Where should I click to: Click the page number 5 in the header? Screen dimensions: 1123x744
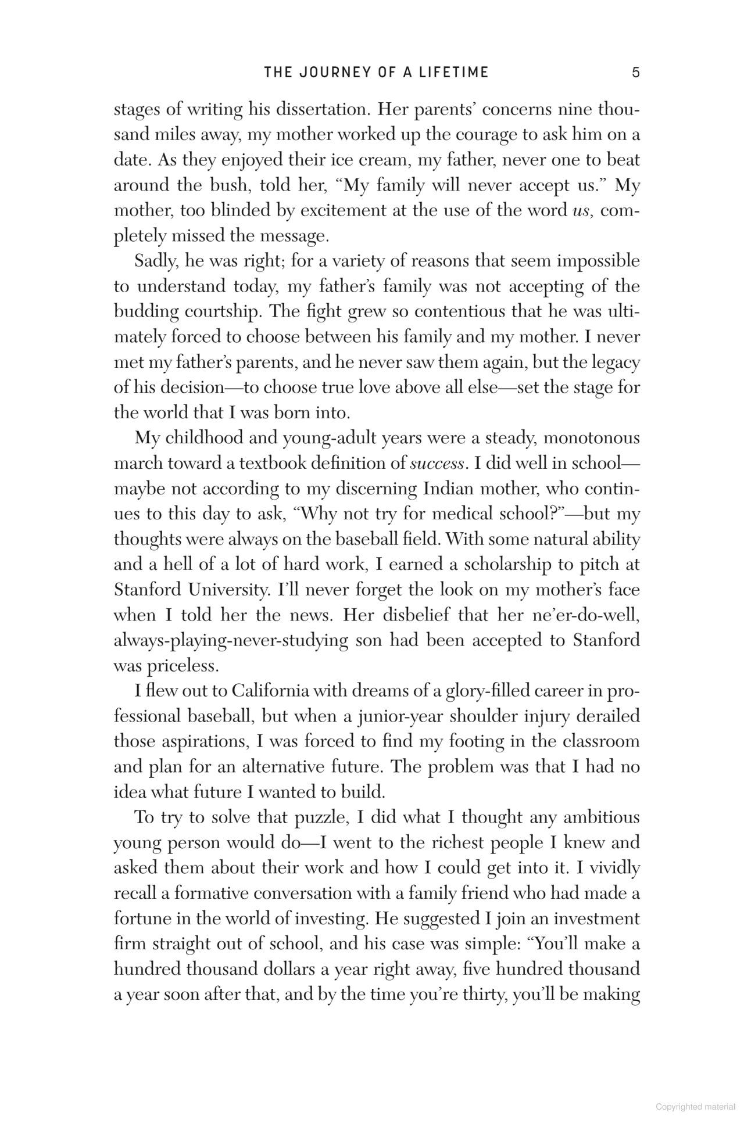coord(636,73)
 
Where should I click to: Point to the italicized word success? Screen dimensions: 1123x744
coord(437,463)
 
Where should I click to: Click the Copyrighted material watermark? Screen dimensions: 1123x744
coord(695,1107)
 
